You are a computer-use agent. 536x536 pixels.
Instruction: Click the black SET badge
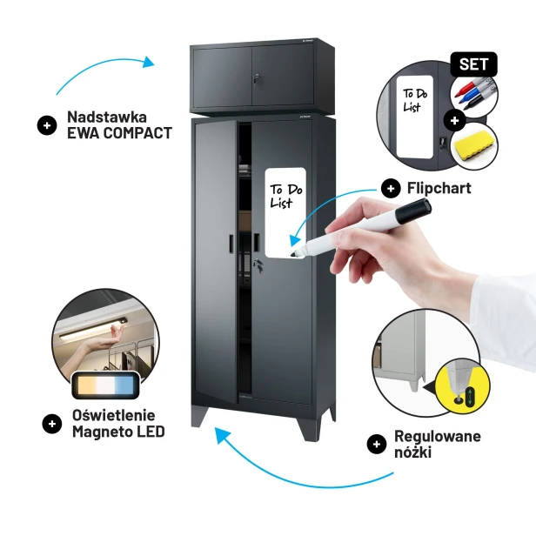[x=473, y=64]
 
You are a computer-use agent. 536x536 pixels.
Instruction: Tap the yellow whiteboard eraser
[x=473, y=146]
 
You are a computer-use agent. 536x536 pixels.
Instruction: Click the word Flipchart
[x=439, y=188]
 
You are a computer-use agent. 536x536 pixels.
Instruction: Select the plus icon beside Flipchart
[x=391, y=188]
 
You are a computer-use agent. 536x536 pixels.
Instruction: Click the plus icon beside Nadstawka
[x=47, y=125]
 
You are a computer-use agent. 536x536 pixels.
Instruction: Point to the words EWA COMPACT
[x=119, y=133]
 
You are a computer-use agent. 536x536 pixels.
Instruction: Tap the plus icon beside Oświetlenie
[x=52, y=424]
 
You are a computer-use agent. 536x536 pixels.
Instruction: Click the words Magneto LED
[x=118, y=432]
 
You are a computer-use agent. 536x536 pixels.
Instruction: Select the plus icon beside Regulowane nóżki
[x=377, y=444]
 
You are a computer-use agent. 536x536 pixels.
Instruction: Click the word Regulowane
[x=438, y=436]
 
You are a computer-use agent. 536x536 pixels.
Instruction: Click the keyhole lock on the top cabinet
[x=257, y=78]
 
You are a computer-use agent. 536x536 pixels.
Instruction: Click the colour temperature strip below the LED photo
[x=105, y=385]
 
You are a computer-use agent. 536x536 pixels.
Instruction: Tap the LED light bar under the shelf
[x=92, y=329]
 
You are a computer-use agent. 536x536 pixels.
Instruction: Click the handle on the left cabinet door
[x=231, y=244]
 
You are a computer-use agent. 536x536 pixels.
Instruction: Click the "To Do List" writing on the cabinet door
[x=285, y=196]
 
